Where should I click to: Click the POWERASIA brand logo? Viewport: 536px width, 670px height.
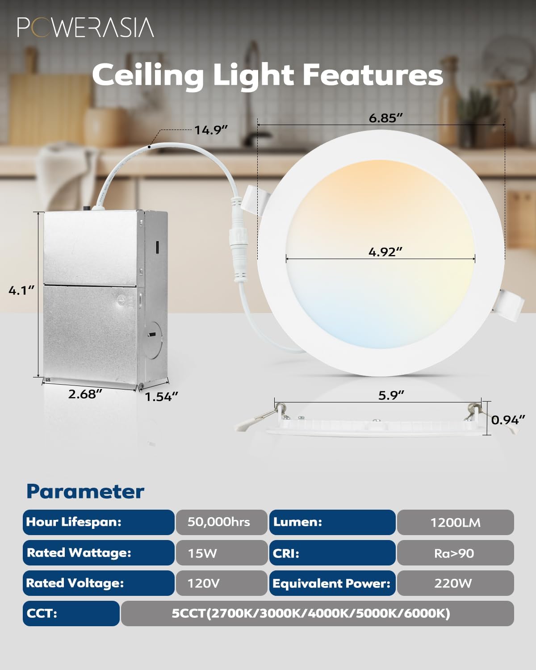tap(85, 27)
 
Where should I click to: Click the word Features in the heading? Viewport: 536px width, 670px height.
tap(373, 75)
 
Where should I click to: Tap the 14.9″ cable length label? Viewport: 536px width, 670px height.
tap(211, 130)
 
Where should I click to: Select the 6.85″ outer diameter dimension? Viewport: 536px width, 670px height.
tap(386, 118)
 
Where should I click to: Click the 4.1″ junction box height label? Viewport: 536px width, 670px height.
tap(21, 290)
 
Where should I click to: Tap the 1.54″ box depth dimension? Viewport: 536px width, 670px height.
tap(161, 397)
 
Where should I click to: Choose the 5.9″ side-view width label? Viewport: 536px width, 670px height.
tap(391, 395)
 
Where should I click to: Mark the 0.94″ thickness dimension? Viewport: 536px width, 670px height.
tap(508, 420)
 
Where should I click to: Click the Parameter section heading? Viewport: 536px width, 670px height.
tap(85, 491)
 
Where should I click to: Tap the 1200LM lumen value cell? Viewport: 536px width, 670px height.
tap(455, 523)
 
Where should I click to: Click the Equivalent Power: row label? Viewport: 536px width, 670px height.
tap(332, 583)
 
